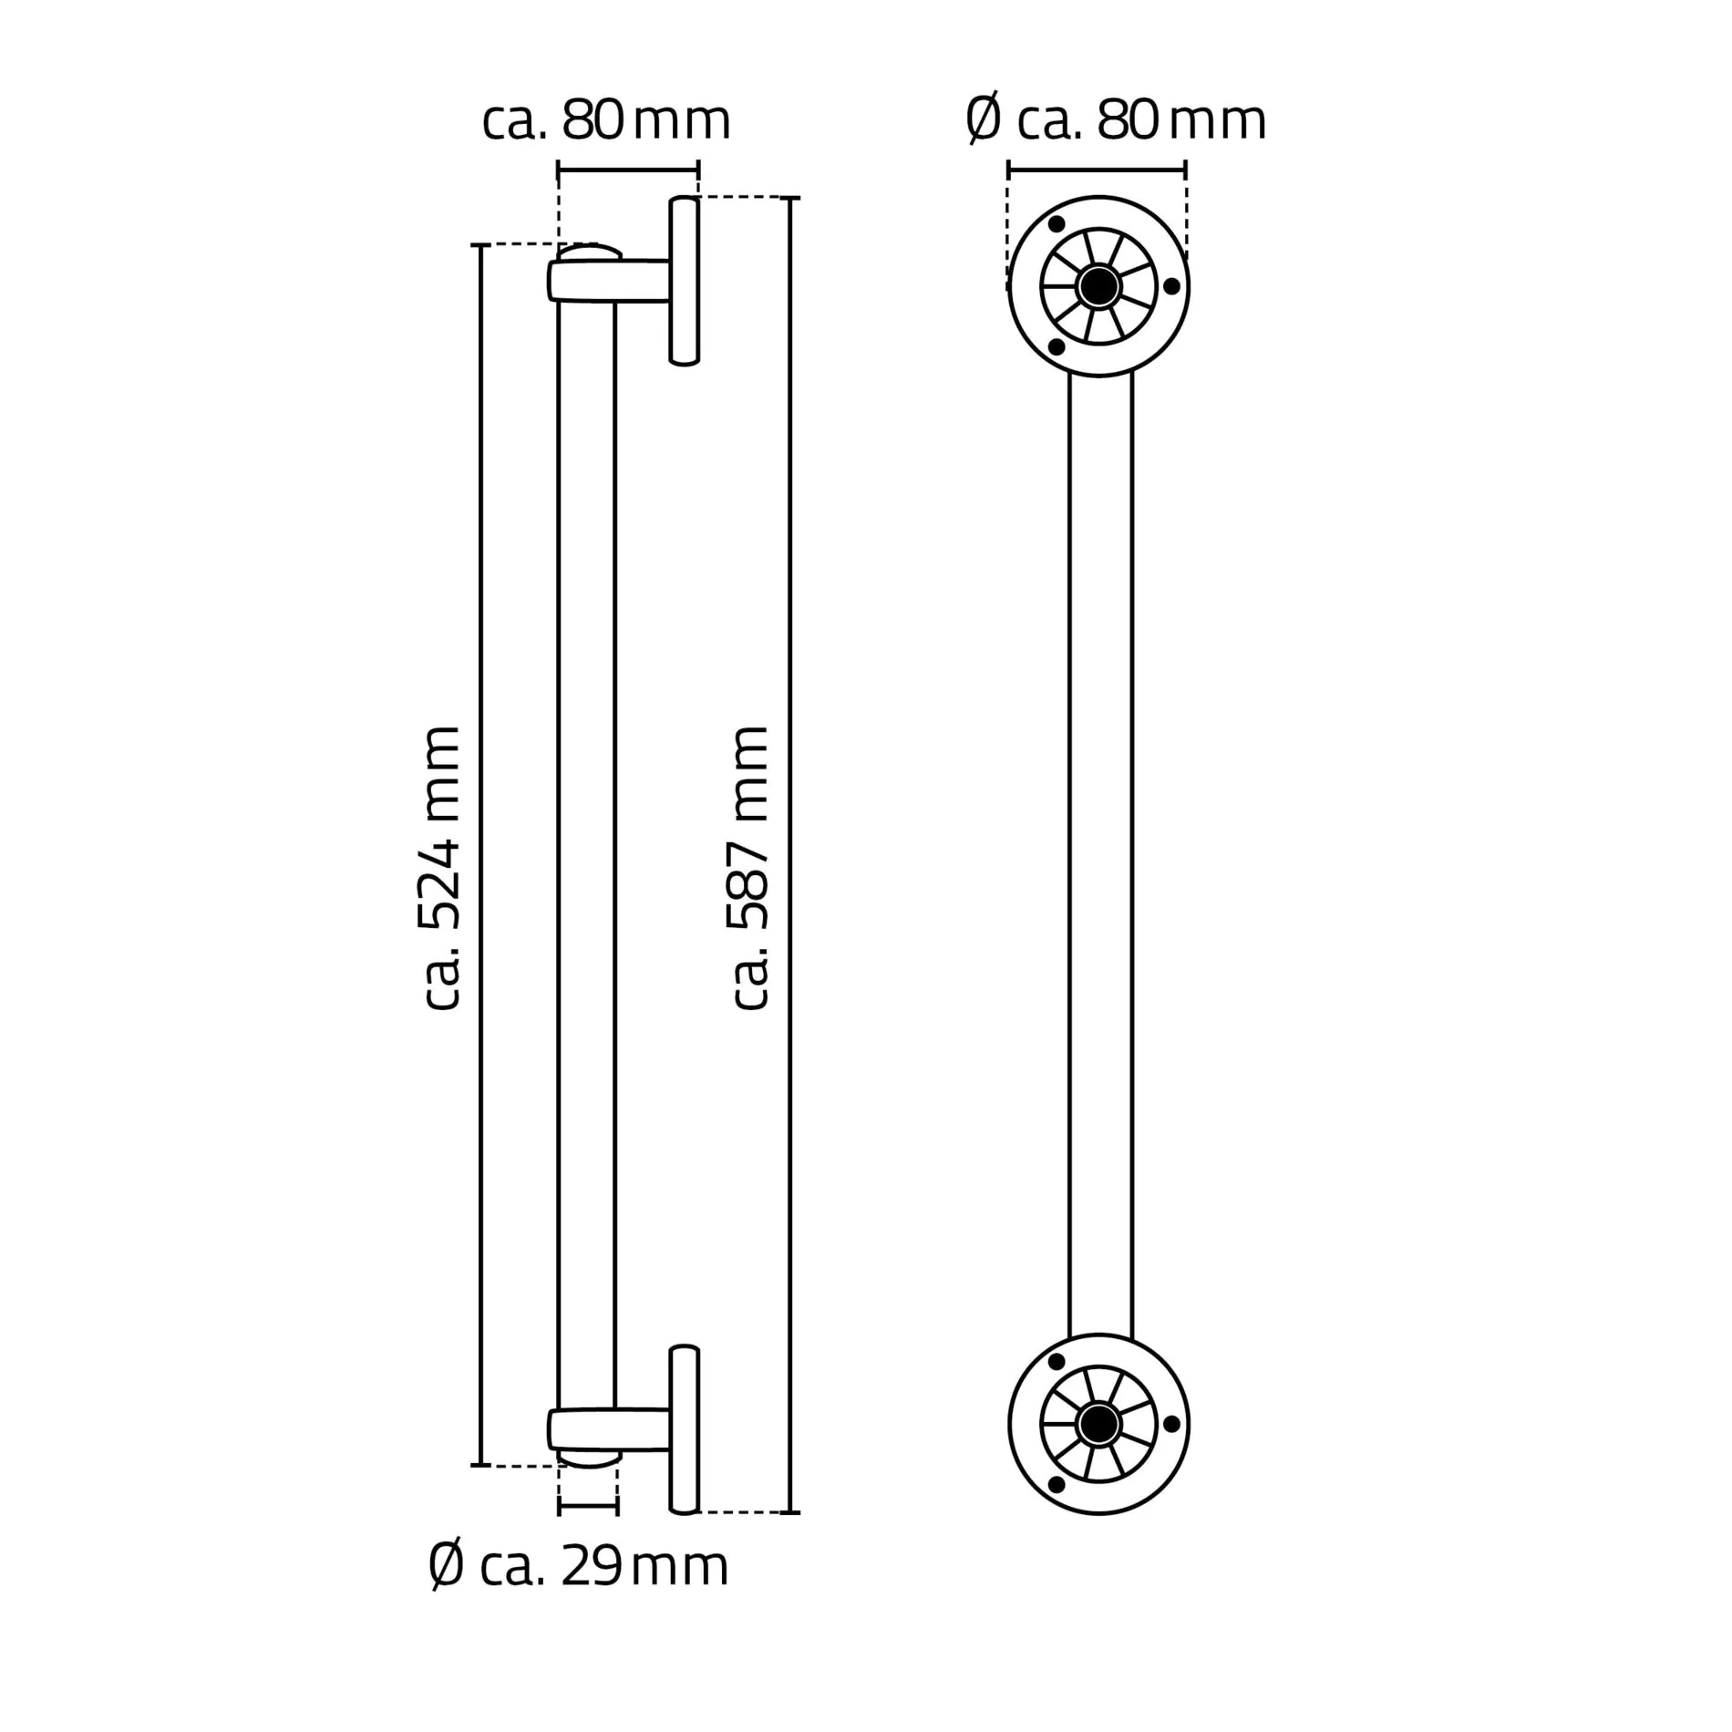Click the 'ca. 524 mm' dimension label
coord(441,868)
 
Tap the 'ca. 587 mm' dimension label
coord(751,868)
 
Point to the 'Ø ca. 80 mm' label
coord(1116,120)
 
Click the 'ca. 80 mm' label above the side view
coord(606,120)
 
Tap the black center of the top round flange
coord(1098,286)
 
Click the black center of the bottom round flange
coord(1098,1424)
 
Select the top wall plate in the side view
coord(685,281)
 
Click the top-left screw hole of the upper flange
coord(1057,224)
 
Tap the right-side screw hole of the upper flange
coord(1172,286)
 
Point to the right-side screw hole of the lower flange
coord(1172,1424)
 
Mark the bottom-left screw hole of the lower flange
coord(1057,1486)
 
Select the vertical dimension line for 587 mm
coord(790,857)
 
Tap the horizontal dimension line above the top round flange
coord(1097,170)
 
